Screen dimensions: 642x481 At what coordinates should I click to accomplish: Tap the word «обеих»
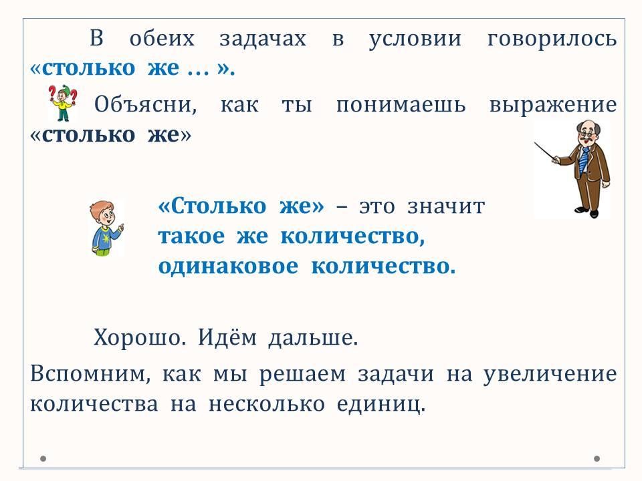click(x=162, y=39)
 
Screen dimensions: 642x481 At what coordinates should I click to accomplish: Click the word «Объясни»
click(x=145, y=104)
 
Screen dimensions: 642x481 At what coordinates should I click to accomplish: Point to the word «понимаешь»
click(x=401, y=105)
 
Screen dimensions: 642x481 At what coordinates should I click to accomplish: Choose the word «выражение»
click(x=553, y=106)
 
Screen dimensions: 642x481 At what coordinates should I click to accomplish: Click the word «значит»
click(x=446, y=206)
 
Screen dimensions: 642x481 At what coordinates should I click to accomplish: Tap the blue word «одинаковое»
click(x=228, y=266)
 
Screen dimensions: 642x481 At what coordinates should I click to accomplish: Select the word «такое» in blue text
click(x=192, y=236)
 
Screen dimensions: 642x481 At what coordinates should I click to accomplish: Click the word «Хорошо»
click(x=140, y=338)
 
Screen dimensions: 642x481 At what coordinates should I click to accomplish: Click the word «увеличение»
click(x=550, y=375)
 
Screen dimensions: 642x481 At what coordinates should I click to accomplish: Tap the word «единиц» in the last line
click(x=381, y=405)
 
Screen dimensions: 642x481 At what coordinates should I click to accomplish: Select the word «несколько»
click(x=267, y=404)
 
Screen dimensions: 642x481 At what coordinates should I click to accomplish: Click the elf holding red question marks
click(x=63, y=103)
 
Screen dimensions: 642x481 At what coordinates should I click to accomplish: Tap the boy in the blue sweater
click(x=106, y=228)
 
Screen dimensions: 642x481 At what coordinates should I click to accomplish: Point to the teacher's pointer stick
click(x=545, y=152)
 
